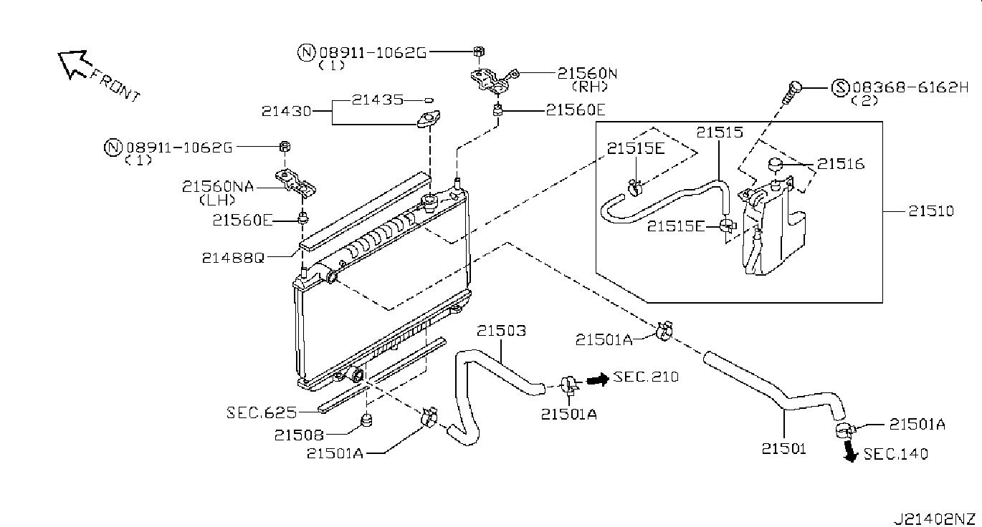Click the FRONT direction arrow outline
72,64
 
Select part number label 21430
286,111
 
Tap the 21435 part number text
378,100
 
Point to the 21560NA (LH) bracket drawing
295,183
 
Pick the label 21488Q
233,258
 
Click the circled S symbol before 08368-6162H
840,87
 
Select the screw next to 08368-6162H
792,92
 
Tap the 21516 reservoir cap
776,164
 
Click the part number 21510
930,211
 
